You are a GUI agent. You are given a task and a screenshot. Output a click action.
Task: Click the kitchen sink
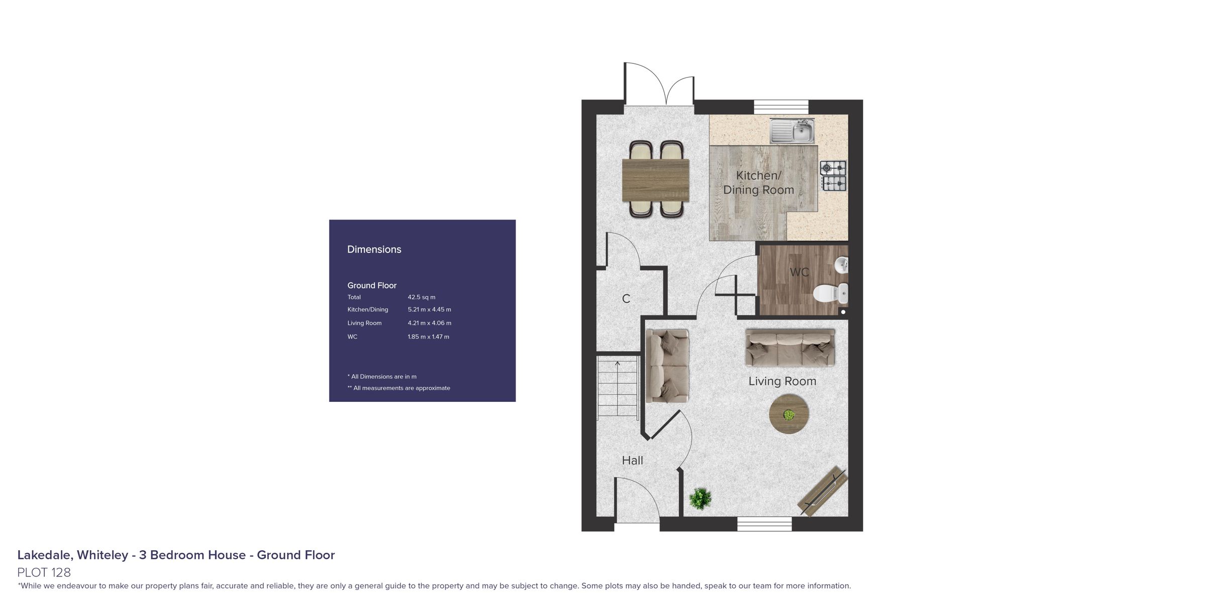click(x=792, y=131)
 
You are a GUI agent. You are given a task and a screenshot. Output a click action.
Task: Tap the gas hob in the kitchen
click(x=833, y=176)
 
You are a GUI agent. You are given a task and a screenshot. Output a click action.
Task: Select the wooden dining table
click(x=656, y=180)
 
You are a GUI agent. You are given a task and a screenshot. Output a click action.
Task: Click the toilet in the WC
click(x=831, y=294)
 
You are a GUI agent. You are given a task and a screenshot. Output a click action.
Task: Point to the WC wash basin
click(x=842, y=265)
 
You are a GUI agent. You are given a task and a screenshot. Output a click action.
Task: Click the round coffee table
click(x=789, y=414)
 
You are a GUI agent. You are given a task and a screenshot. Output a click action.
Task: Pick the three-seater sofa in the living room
click(x=790, y=348)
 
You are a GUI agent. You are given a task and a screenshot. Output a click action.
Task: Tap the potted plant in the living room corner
click(x=700, y=498)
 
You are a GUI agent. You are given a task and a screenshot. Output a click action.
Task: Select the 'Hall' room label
click(x=632, y=460)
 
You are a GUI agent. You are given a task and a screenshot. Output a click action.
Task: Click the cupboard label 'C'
click(x=626, y=299)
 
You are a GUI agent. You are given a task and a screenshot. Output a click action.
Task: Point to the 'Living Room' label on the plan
click(x=782, y=381)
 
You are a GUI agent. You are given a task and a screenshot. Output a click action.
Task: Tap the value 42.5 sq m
click(x=422, y=297)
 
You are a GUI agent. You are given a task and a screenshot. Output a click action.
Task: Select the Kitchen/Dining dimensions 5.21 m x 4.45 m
click(x=430, y=309)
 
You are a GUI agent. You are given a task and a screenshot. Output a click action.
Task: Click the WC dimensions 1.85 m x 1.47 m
click(x=429, y=336)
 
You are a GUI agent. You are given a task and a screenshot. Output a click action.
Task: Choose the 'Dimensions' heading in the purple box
click(x=374, y=249)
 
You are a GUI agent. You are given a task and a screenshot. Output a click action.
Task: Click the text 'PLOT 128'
click(x=44, y=572)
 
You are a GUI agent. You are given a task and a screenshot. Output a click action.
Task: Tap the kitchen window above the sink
click(x=781, y=107)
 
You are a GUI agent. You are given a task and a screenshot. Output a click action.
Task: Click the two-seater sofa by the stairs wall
click(x=667, y=366)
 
